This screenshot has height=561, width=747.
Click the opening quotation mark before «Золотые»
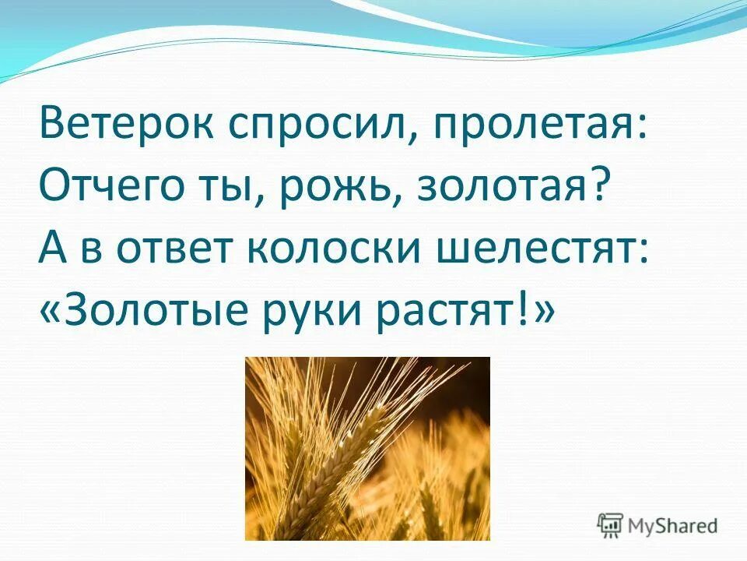(51, 313)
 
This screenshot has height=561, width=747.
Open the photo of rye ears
(367, 448)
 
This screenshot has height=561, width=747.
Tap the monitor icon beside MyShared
(611, 526)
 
